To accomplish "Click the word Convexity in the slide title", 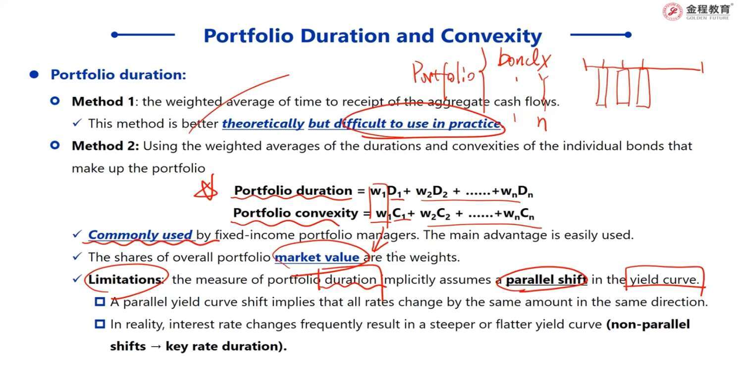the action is point(491,36).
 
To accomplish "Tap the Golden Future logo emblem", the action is point(672,11).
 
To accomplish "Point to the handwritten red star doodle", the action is point(206,189).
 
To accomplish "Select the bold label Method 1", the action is point(103,101).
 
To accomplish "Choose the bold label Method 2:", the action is point(106,146).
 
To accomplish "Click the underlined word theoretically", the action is point(263,124).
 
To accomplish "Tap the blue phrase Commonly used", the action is point(140,235).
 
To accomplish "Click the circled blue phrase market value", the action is point(317,257).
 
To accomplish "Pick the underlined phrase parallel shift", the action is point(546,279).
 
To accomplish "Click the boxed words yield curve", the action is point(665,279).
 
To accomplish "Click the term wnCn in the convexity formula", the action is point(519,214).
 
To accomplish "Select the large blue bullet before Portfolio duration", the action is point(34,75).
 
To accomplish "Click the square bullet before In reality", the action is point(100,324).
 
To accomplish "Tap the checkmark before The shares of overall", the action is point(77,256).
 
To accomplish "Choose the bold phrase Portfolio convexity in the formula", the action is point(296,213).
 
